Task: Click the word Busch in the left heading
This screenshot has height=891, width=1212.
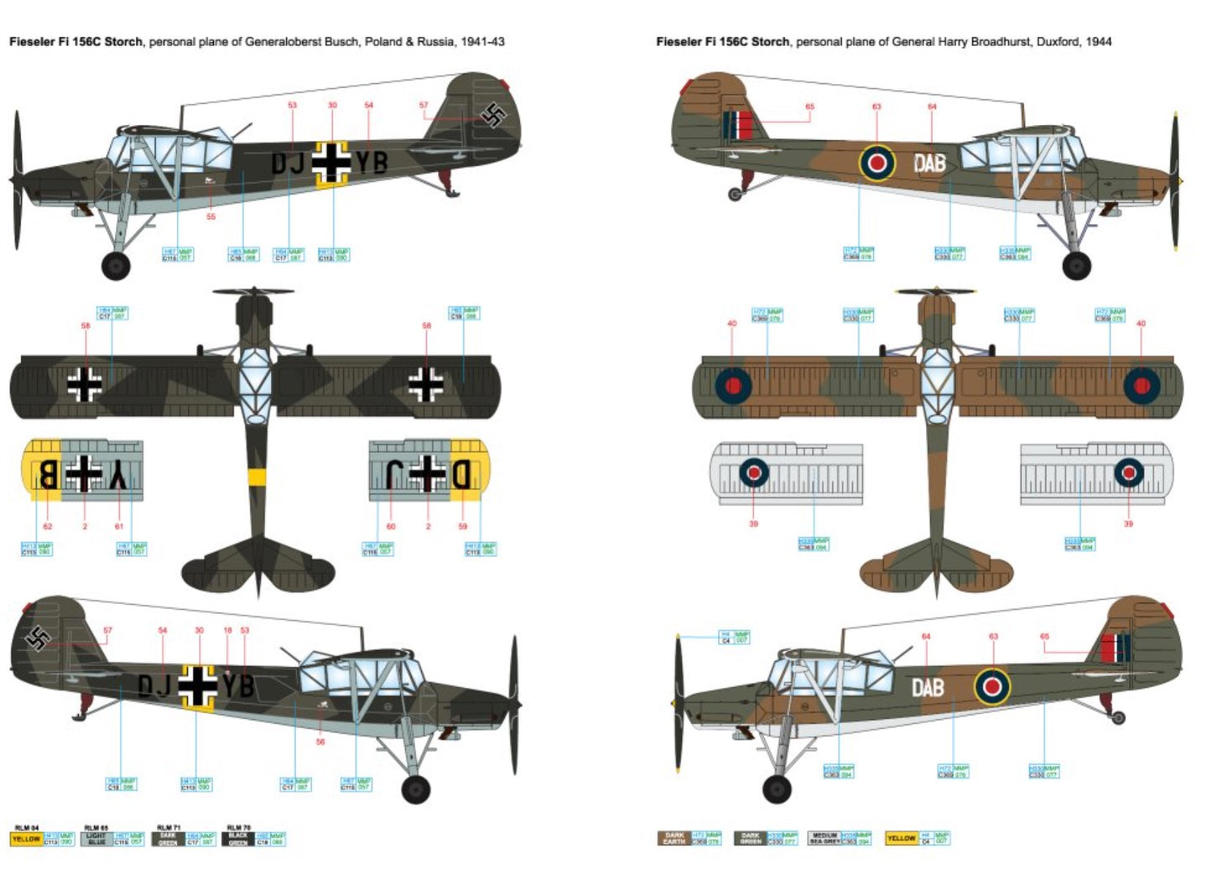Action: click(x=344, y=41)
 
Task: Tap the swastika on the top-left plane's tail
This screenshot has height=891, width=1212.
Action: click(x=495, y=115)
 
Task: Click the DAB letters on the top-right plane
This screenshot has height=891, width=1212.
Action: click(x=929, y=163)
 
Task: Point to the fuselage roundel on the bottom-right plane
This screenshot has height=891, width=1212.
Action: click(x=992, y=686)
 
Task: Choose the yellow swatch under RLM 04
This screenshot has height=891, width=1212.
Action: click(x=26, y=839)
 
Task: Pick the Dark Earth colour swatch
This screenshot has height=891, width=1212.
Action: click(x=674, y=838)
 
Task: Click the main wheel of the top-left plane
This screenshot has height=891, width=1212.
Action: click(x=116, y=266)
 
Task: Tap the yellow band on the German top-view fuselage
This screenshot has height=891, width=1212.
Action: click(x=257, y=477)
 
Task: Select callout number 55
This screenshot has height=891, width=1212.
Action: click(x=211, y=216)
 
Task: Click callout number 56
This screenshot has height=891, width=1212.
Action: click(x=320, y=742)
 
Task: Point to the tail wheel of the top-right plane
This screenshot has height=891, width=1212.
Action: click(x=736, y=195)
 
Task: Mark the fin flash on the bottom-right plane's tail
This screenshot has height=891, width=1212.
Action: click(x=1116, y=648)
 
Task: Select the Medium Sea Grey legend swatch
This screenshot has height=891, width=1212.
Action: click(x=824, y=838)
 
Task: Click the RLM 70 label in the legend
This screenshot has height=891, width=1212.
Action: click(x=238, y=828)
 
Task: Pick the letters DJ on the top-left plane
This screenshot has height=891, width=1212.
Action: click(x=288, y=163)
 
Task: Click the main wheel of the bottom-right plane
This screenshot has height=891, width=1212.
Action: click(x=777, y=789)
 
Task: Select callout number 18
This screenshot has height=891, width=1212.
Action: click(x=227, y=631)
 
